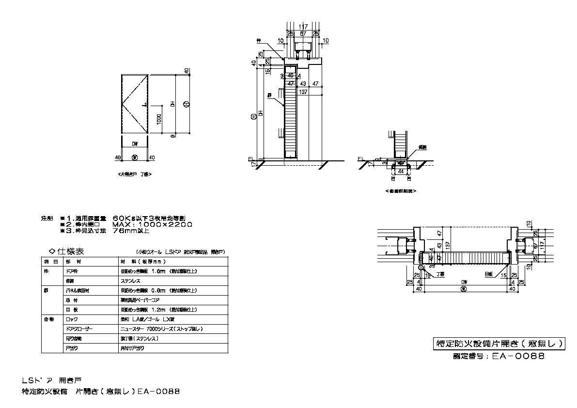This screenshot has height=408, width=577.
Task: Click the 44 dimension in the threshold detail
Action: point(401,171)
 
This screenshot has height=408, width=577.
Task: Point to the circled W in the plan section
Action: point(464,288)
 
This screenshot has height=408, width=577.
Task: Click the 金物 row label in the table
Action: point(45,319)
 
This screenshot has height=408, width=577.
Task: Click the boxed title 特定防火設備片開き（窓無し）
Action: point(499,344)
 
